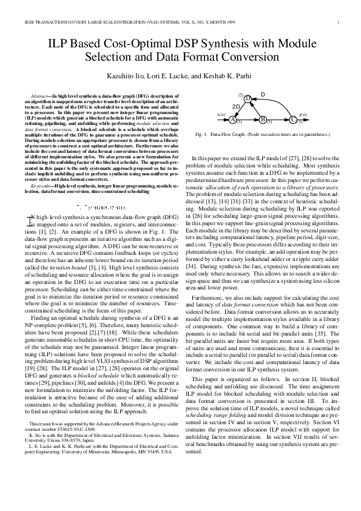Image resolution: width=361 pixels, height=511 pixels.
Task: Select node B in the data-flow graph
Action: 263,120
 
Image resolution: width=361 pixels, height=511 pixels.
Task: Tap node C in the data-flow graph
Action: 293,120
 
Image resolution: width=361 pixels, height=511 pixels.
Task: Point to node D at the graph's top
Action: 248,98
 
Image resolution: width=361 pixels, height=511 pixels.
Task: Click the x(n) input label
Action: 221,114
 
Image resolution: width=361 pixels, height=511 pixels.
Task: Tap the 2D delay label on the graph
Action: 237,106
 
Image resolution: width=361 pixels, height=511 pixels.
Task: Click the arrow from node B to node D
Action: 255,109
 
